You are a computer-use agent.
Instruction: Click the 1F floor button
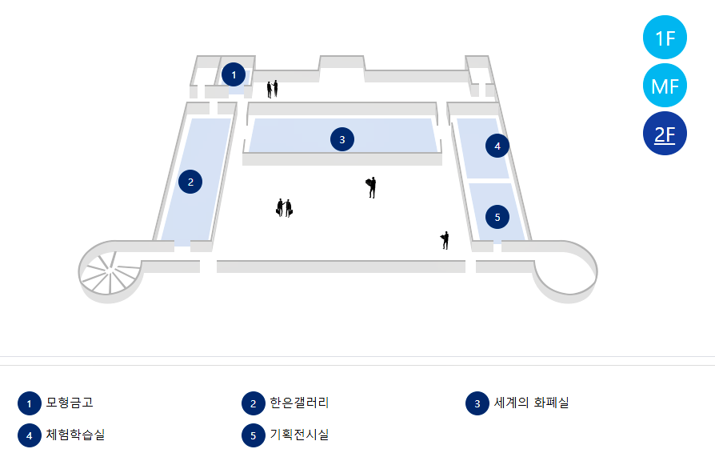click(x=665, y=38)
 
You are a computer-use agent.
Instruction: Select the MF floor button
click(x=665, y=86)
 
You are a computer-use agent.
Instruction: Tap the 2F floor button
click(x=665, y=134)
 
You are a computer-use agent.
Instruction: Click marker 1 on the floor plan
click(x=234, y=74)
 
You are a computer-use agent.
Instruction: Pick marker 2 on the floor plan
click(x=190, y=182)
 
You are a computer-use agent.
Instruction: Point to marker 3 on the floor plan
click(x=342, y=139)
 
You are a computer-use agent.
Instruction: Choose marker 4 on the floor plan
click(x=497, y=146)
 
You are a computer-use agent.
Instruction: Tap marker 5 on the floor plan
click(x=497, y=217)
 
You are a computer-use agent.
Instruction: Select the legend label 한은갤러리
click(x=299, y=403)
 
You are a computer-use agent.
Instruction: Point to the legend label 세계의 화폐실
click(x=531, y=403)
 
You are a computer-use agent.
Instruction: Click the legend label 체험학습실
click(x=75, y=435)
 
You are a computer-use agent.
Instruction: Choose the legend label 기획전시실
click(x=299, y=435)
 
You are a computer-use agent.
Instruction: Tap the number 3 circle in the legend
click(x=477, y=403)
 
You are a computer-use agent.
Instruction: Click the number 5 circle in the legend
click(x=253, y=435)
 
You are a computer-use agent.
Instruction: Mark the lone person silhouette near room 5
click(x=445, y=240)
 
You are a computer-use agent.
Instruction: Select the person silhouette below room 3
click(x=371, y=187)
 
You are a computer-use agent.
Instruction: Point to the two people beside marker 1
click(x=273, y=88)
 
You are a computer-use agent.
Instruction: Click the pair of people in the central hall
click(x=284, y=208)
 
